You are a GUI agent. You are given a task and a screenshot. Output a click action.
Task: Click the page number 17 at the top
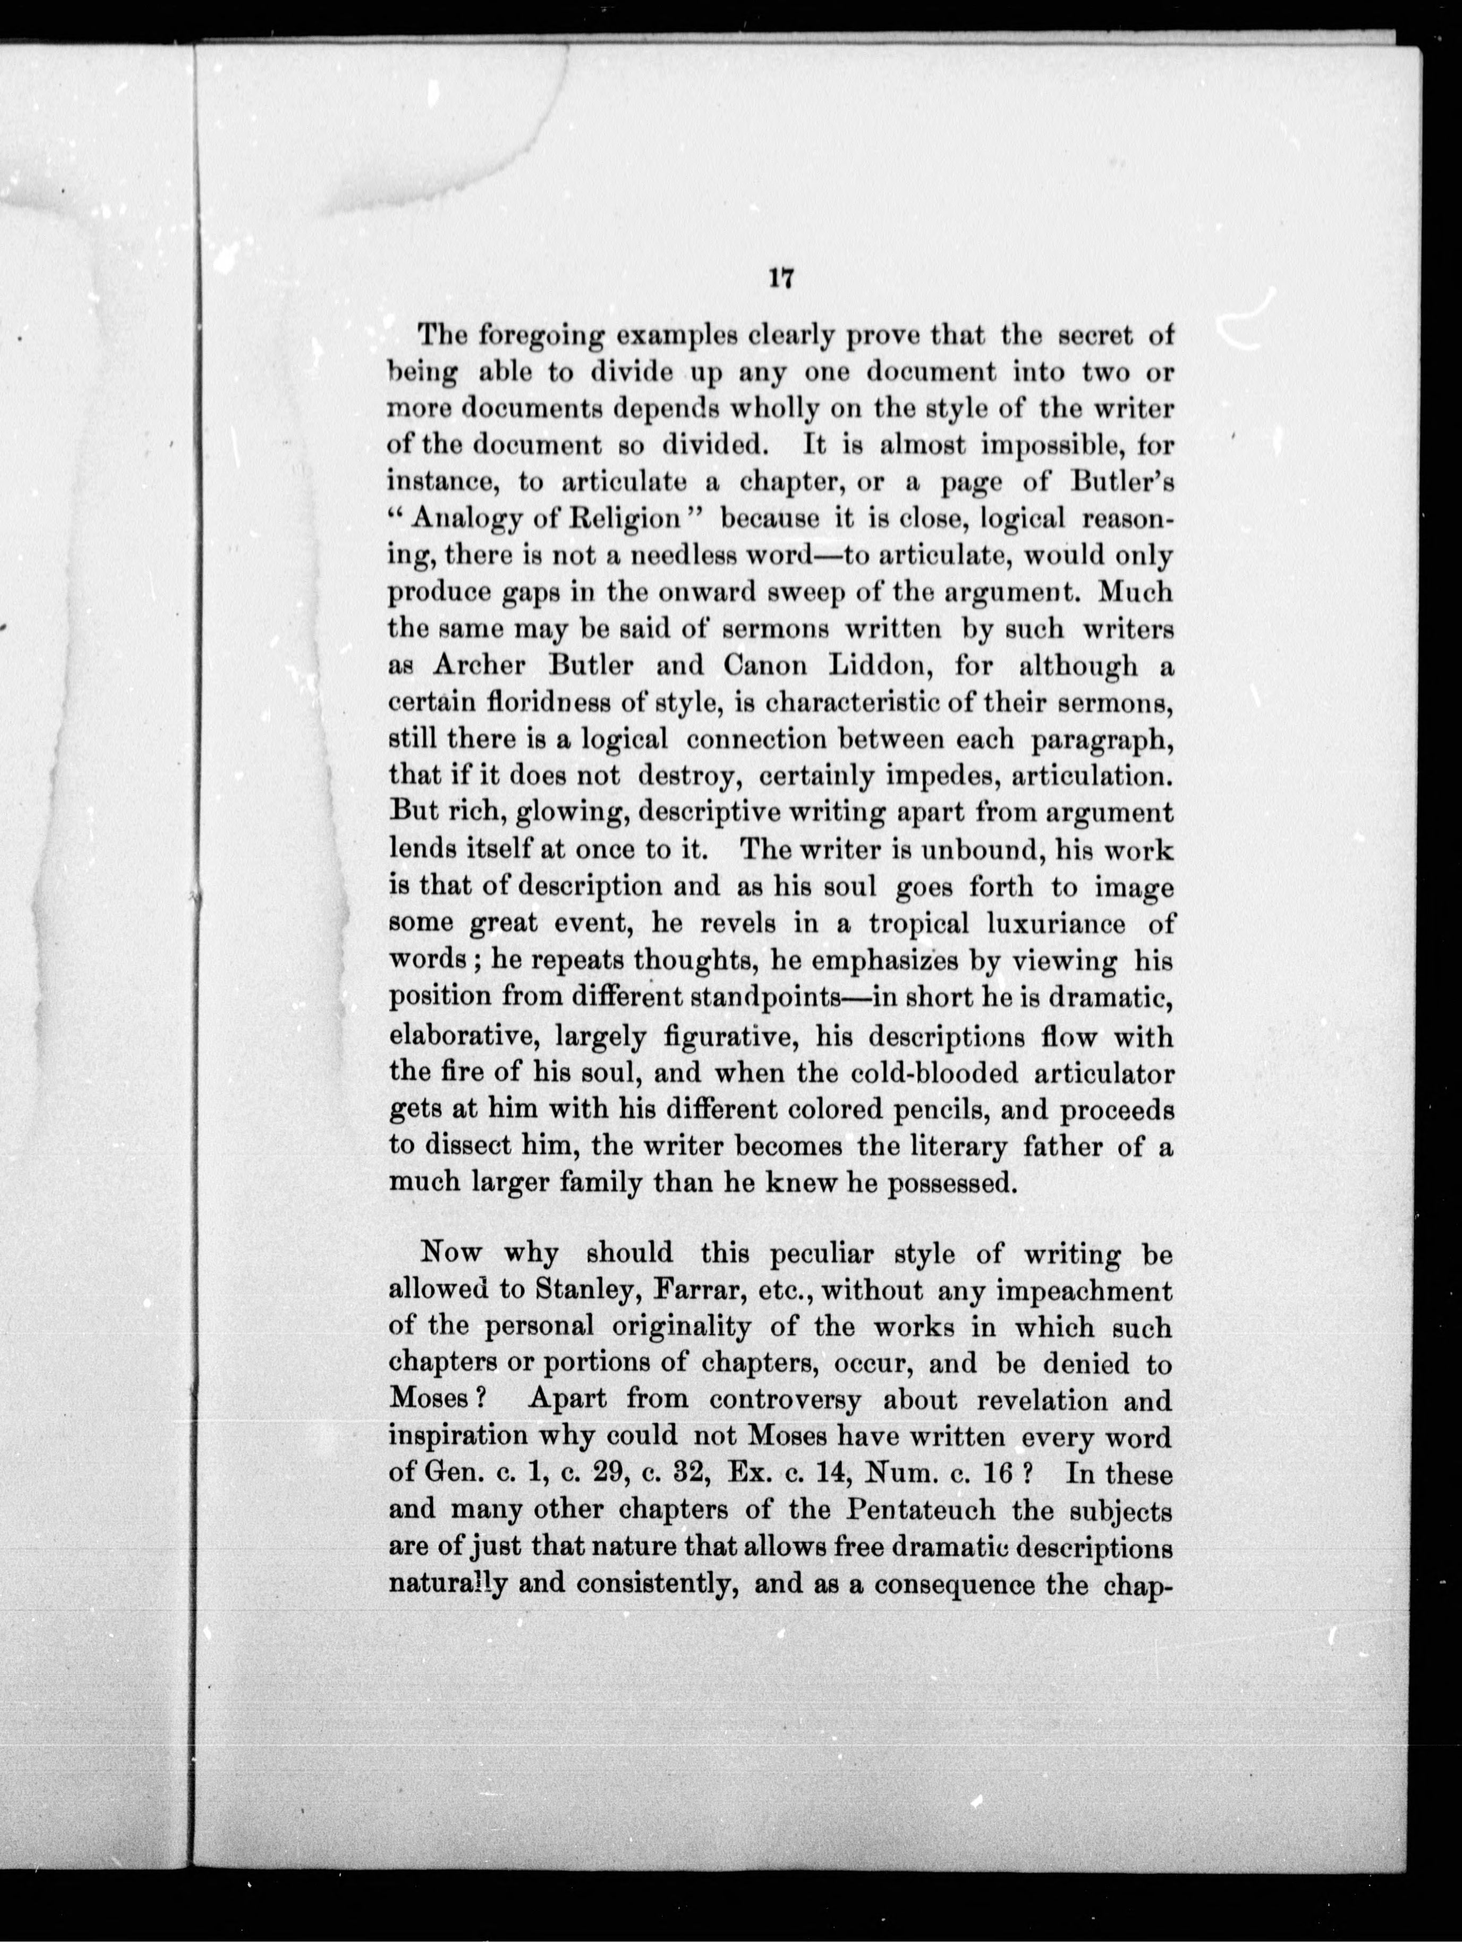[780, 278]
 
